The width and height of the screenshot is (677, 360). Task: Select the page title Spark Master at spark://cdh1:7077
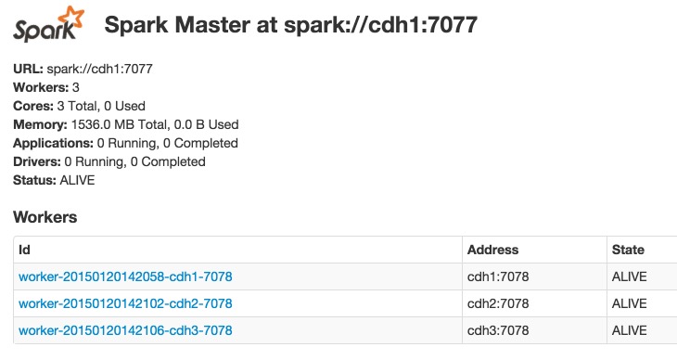pos(290,25)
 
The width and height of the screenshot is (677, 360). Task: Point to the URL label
pos(28,69)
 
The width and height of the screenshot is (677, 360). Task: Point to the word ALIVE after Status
pos(77,180)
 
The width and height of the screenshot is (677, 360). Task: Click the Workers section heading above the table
pos(45,217)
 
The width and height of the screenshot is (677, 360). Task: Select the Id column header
pos(25,250)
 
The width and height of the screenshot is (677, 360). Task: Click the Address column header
pos(492,250)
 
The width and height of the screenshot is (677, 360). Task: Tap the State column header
pos(628,250)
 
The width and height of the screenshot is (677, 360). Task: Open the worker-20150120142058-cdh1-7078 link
pos(125,276)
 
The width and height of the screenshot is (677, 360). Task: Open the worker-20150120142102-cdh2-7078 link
pos(125,303)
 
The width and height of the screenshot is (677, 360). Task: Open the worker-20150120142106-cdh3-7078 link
pos(125,330)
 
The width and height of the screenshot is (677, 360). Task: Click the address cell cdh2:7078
pos(498,303)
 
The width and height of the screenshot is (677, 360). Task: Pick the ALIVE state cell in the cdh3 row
pos(629,330)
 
